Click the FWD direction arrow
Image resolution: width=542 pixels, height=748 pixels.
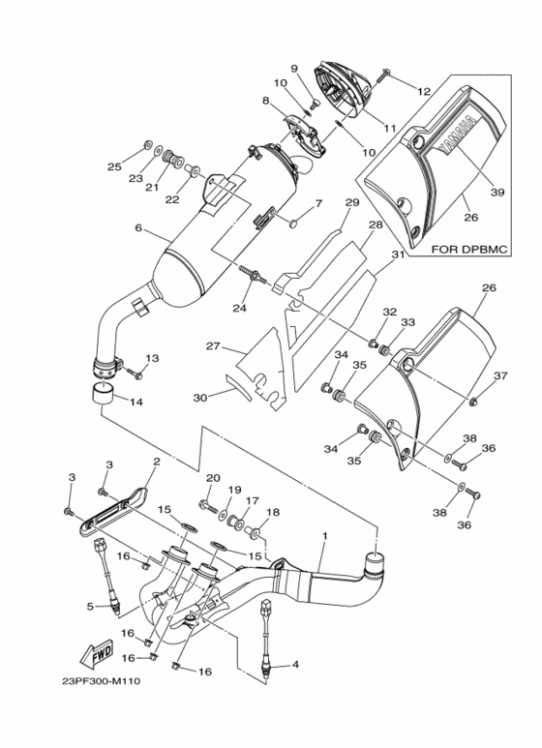pyautogui.click(x=97, y=652)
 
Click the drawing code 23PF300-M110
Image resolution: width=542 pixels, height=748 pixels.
pyautogui.click(x=102, y=681)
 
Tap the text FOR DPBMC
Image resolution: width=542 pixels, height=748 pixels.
pyautogui.click(x=469, y=249)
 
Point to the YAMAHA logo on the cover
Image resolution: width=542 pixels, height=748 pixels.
pyautogui.click(x=457, y=135)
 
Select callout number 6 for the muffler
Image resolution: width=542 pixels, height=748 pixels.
pyautogui.click(x=138, y=227)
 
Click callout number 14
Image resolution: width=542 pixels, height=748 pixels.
pyautogui.click(x=135, y=403)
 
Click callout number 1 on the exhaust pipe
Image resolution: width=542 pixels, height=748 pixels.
pyautogui.click(x=325, y=536)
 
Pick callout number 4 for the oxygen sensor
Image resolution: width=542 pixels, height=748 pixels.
pyautogui.click(x=295, y=664)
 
